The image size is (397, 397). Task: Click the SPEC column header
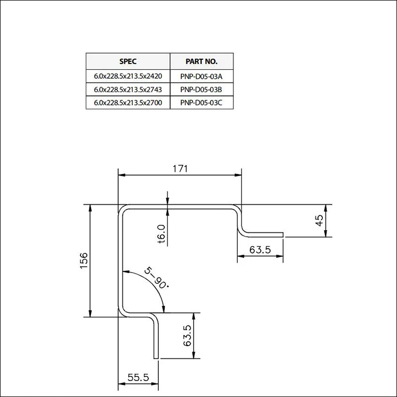coord(128,61)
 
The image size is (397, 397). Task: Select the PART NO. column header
coord(201,61)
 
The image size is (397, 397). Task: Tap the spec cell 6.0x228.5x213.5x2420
coord(128,76)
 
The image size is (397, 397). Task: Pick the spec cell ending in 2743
coord(128,89)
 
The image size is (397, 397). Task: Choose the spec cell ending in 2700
coord(128,103)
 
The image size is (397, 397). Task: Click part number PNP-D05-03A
coord(201,76)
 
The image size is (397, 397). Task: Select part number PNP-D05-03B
coord(201,89)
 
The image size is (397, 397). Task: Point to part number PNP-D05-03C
coord(201,103)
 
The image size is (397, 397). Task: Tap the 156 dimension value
coord(84,260)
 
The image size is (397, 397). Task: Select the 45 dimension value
coord(319,221)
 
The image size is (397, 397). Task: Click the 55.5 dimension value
coord(138,378)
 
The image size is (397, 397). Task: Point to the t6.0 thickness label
coord(162,234)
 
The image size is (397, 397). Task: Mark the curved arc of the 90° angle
coord(151,286)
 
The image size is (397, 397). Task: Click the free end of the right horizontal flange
coord(283,234)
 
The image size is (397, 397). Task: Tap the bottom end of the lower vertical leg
coord(156,358)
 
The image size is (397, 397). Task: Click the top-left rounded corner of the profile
coord(121,210)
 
